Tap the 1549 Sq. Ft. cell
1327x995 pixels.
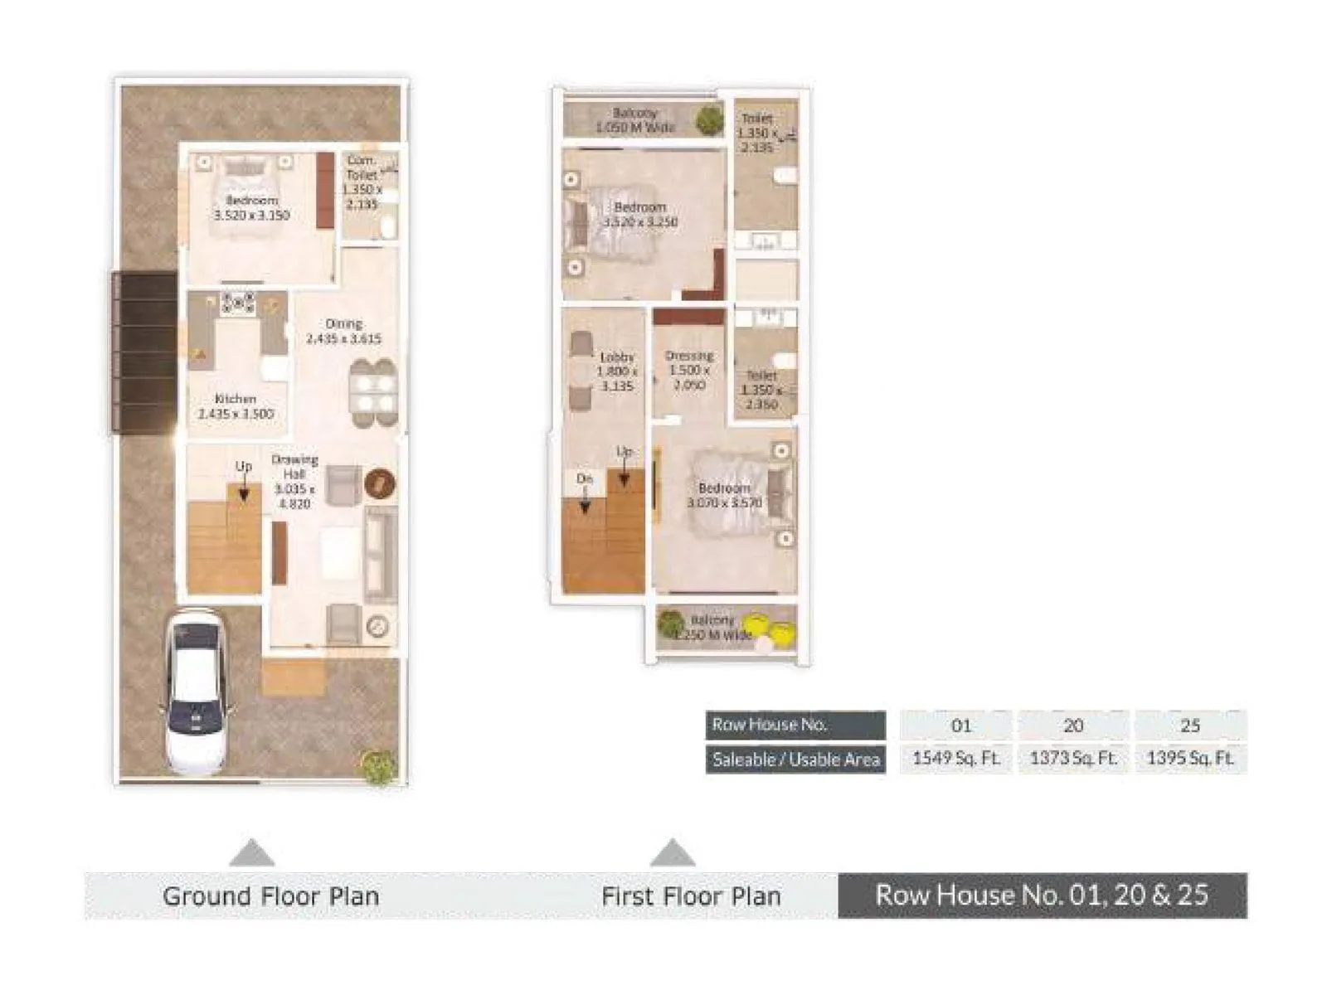[955, 758]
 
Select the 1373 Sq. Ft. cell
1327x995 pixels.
[1072, 758]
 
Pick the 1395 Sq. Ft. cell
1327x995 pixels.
[1190, 758]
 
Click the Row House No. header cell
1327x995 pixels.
[795, 725]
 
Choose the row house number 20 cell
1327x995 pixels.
[1072, 726]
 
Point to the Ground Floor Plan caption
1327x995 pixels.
[270, 896]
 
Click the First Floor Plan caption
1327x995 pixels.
[691, 896]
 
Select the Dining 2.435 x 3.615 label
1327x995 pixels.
[343, 331]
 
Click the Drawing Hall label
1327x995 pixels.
[294, 481]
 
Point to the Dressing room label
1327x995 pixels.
[689, 370]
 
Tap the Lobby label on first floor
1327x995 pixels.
[617, 371]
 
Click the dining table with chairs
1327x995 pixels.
[372, 393]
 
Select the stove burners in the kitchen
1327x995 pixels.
[238, 303]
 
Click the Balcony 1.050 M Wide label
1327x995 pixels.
[635, 119]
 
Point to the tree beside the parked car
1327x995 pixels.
[378, 766]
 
